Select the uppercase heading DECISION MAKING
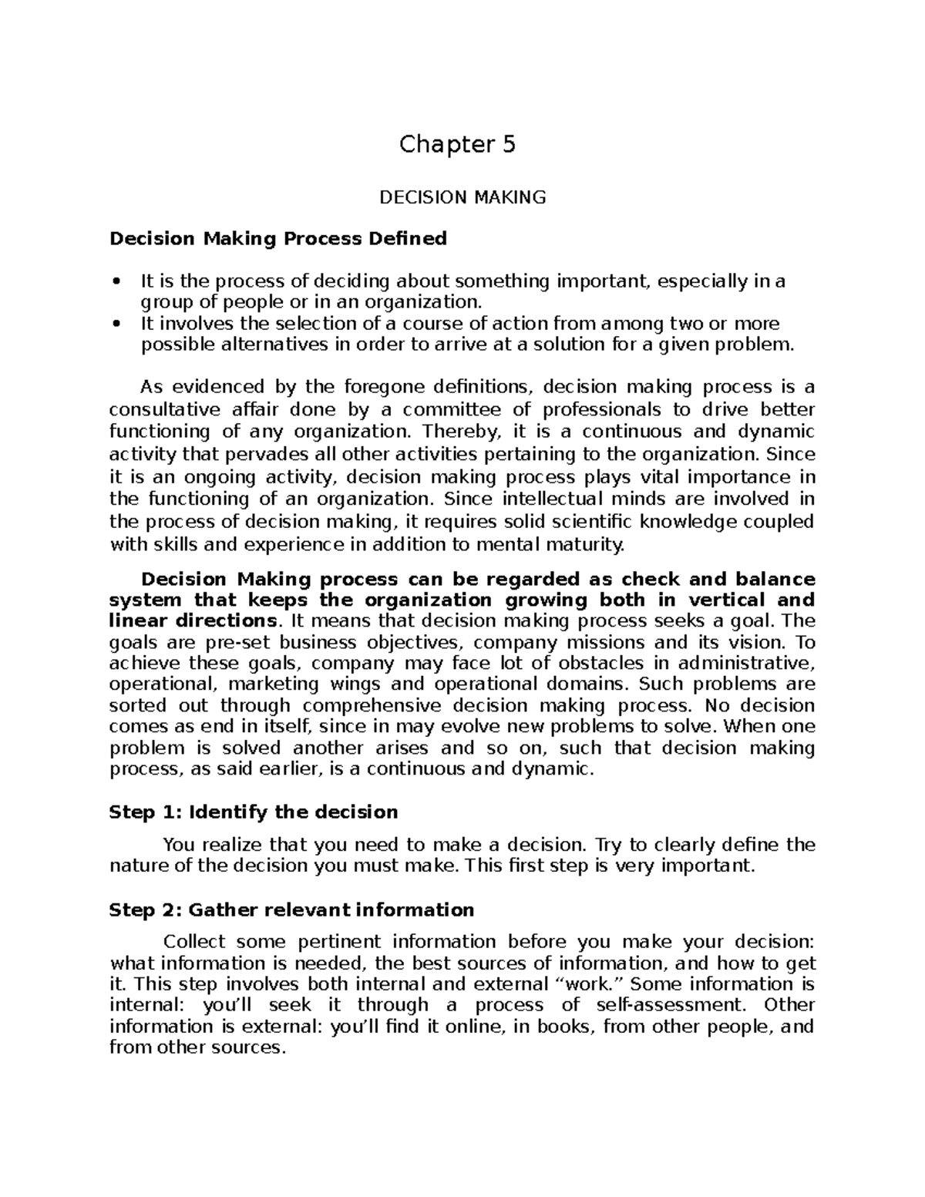[462, 197]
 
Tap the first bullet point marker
[116, 282]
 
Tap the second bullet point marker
[116, 324]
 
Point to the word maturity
[586, 545]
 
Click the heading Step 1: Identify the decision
[254, 812]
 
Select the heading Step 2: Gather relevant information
[291, 910]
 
